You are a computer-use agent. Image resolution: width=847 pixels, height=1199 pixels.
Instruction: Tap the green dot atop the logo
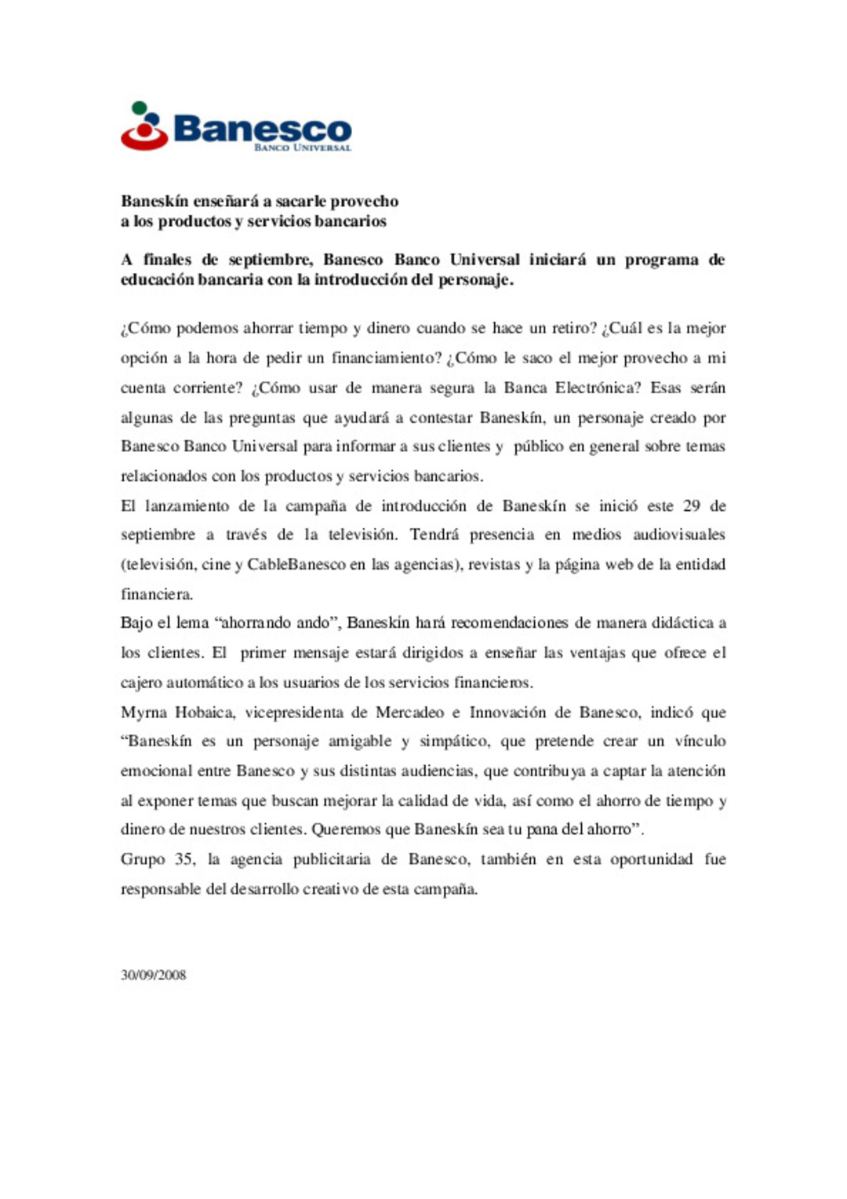tap(140, 108)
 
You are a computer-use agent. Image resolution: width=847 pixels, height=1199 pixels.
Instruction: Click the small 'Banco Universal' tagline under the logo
tap(302, 148)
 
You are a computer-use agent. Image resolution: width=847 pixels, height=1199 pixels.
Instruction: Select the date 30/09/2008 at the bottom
tap(154, 975)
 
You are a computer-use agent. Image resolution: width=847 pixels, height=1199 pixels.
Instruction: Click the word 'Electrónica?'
tap(602, 388)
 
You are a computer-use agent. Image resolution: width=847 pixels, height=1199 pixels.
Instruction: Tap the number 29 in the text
tap(692, 506)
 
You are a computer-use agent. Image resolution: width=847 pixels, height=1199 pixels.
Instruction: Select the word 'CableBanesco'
tap(296, 565)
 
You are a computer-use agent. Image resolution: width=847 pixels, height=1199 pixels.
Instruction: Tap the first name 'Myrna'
tap(144, 712)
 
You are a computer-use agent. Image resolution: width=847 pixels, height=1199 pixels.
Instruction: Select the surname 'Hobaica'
tap(205, 712)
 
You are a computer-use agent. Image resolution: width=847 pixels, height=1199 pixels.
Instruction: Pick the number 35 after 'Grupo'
tap(185, 859)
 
